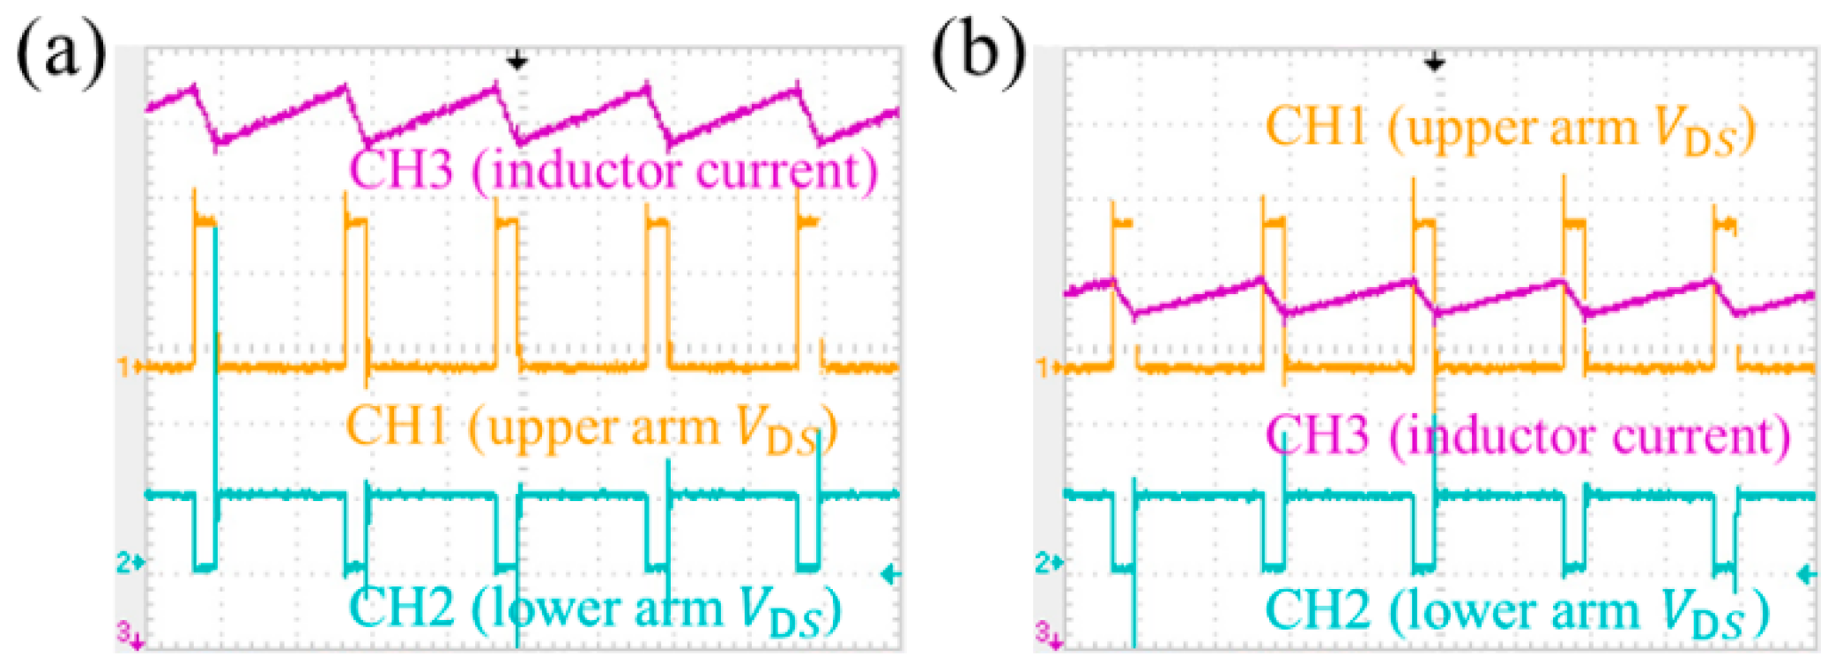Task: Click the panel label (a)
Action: click(60, 55)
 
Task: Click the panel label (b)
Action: click(978, 55)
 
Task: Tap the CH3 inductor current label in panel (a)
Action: click(613, 170)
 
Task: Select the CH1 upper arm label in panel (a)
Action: click(591, 429)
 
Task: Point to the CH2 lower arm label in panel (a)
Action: click(595, 608)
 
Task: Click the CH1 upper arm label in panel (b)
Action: click(1510, 129)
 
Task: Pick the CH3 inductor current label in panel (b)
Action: click(1527, 436)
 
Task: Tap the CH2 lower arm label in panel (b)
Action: click(1516, 610)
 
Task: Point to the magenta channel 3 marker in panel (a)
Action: click(129, 633)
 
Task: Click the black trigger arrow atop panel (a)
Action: click(517, 62)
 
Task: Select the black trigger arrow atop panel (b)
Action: click(1435, 62)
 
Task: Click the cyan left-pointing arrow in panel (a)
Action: click(890, 575)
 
